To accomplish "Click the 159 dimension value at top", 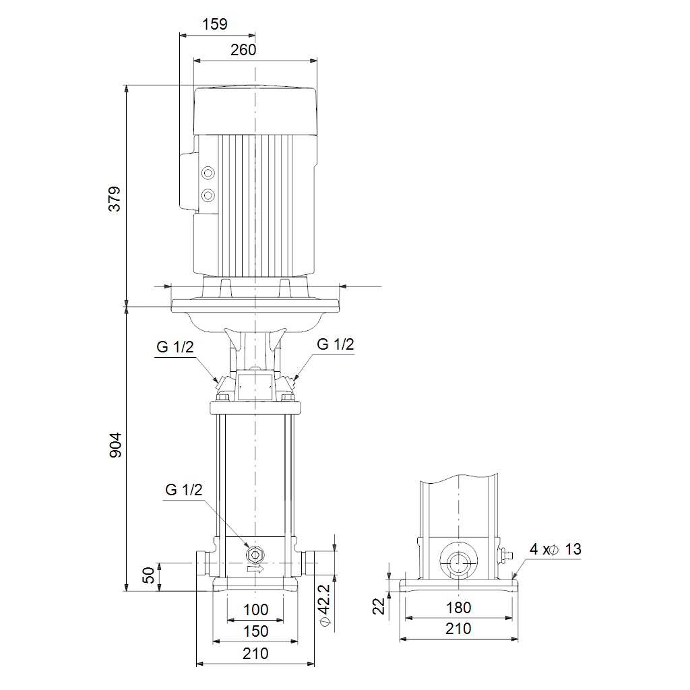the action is click(x=215, y=24).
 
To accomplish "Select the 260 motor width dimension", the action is click(x=243, y=50).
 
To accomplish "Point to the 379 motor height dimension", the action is click(x=115, y=199).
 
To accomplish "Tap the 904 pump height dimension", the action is click(x=115, y=445).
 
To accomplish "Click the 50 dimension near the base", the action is click(x=149, y=575).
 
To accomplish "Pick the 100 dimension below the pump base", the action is click(x=255, y=609).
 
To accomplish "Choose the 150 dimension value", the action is click(x=255, y=631).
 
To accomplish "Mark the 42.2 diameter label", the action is click(x=324, y=605).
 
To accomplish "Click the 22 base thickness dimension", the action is click(x=379, y=606).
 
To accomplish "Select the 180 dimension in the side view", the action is click(x=458, y=608).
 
